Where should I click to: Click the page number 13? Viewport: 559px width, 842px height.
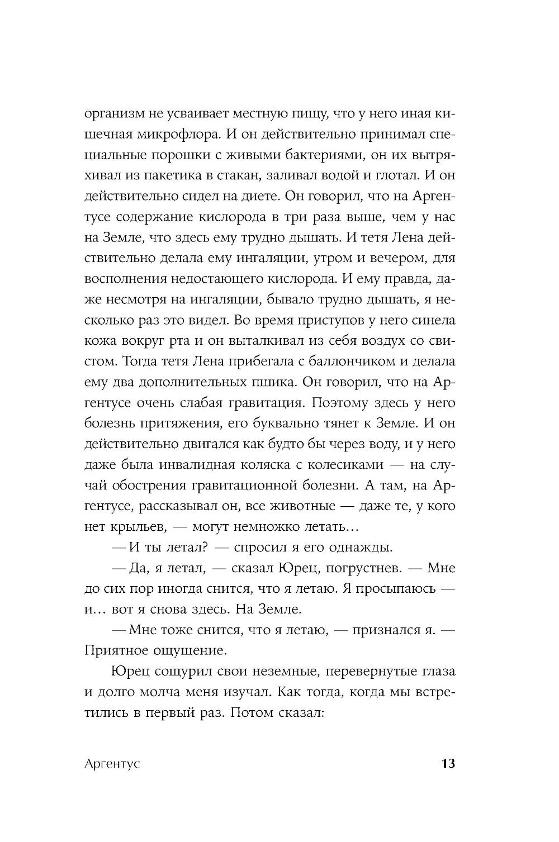[448, 764]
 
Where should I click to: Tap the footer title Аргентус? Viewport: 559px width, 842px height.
[112, 764]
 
